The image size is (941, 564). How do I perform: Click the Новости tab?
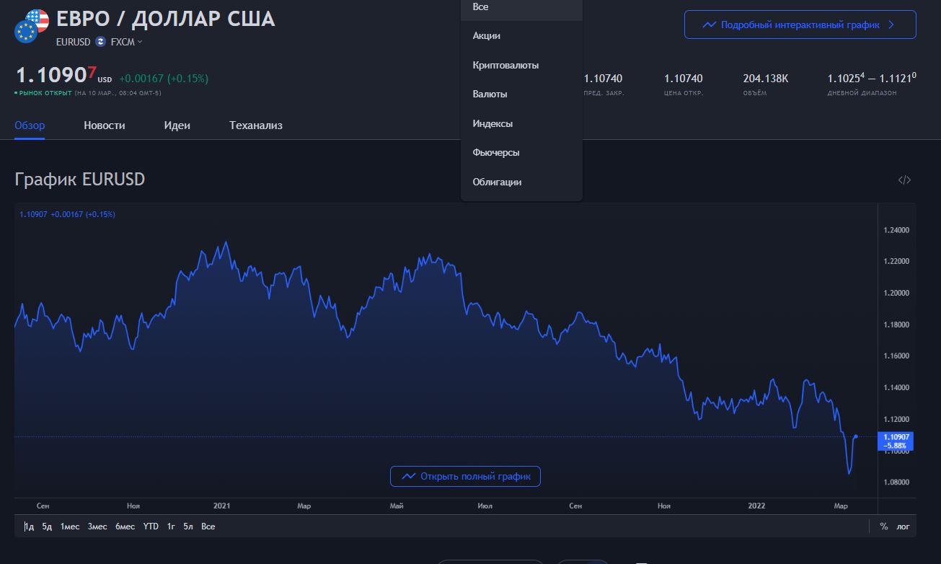[x=104, y=125]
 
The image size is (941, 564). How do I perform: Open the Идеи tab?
[x=177, y=125]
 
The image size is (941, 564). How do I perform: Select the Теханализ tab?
[x=256, y=125]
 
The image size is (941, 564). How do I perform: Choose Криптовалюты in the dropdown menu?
[x=505, y=65]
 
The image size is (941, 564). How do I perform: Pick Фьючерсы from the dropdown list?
[x=495, y=153]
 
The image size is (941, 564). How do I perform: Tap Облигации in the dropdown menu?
[x=497, y=182]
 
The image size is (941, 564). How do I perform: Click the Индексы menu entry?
[x=492, y=123]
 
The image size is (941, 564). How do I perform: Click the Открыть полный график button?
[x=465, y=476]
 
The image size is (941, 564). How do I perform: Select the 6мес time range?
[x=125, y=526]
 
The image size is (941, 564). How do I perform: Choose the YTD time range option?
[x=151, y=526]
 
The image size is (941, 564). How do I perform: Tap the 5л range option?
[x=188, y=526]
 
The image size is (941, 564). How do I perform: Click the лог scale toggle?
[x=904, y=526]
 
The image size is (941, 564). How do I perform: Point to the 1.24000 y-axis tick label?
[x=896, y=230]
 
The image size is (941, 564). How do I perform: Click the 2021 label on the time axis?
[x=222, y=506]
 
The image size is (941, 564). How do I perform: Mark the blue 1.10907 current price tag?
[x=896, y=441]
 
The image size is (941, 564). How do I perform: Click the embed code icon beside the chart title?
[x=904, y=180]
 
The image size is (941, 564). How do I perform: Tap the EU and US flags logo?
[x=32, y=26]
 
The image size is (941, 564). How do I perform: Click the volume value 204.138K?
[x=765, y=79]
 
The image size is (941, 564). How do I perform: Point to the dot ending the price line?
[x=856, y=436]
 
